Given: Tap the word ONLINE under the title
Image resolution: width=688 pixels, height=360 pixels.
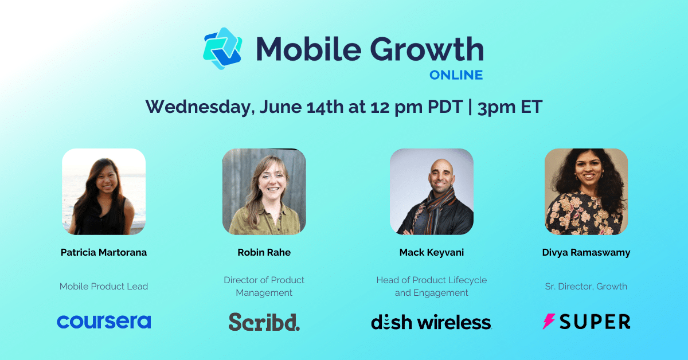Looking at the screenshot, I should [x=457, y=75].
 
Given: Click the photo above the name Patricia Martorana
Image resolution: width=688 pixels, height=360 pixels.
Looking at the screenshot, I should [x=104, y=191].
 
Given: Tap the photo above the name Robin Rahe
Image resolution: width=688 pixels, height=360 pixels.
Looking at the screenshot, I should [x=264, y=191].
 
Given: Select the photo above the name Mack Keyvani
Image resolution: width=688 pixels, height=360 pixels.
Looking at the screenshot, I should [x=431, y=191].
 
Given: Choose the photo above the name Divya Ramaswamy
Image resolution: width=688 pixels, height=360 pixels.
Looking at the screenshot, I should [x=586, y=191].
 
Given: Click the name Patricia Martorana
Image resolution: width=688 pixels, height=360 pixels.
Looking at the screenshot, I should [x=104, y=252].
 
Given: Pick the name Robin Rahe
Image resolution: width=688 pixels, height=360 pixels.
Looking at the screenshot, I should [x=264, y=252].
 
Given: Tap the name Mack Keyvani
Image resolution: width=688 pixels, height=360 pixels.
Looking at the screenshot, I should [x=431, y=252].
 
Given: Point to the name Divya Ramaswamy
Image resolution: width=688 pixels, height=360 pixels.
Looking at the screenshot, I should [x=586, y=252].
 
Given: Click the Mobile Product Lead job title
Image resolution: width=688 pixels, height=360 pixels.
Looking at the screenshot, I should [x=104, y=286].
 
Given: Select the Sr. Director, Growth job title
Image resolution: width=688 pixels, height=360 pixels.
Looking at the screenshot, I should [x=586, y=286].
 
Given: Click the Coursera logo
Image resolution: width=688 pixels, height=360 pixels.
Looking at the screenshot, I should [x=104, y=322].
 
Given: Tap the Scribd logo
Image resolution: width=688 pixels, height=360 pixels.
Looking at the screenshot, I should [x=264, y=322].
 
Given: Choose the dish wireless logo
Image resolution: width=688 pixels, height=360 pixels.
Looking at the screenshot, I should [x=431, y=322].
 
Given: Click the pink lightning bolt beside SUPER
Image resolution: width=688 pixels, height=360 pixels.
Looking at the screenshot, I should [x=549, y=322].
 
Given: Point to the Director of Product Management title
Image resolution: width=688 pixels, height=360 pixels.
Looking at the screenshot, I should [x=264, y=286].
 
